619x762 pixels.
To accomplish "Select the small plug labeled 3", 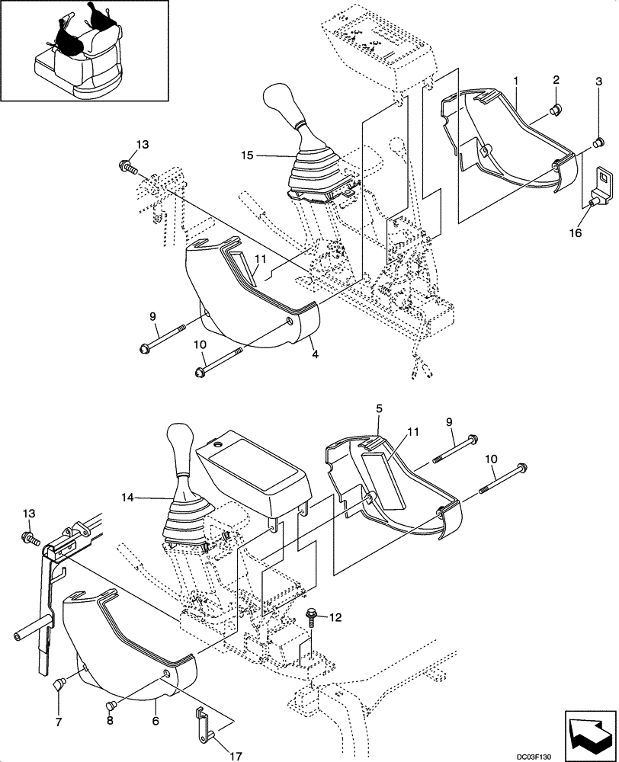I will (599, 139).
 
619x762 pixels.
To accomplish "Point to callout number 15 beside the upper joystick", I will (246, 155).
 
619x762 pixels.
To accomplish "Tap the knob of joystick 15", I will (279, 101).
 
